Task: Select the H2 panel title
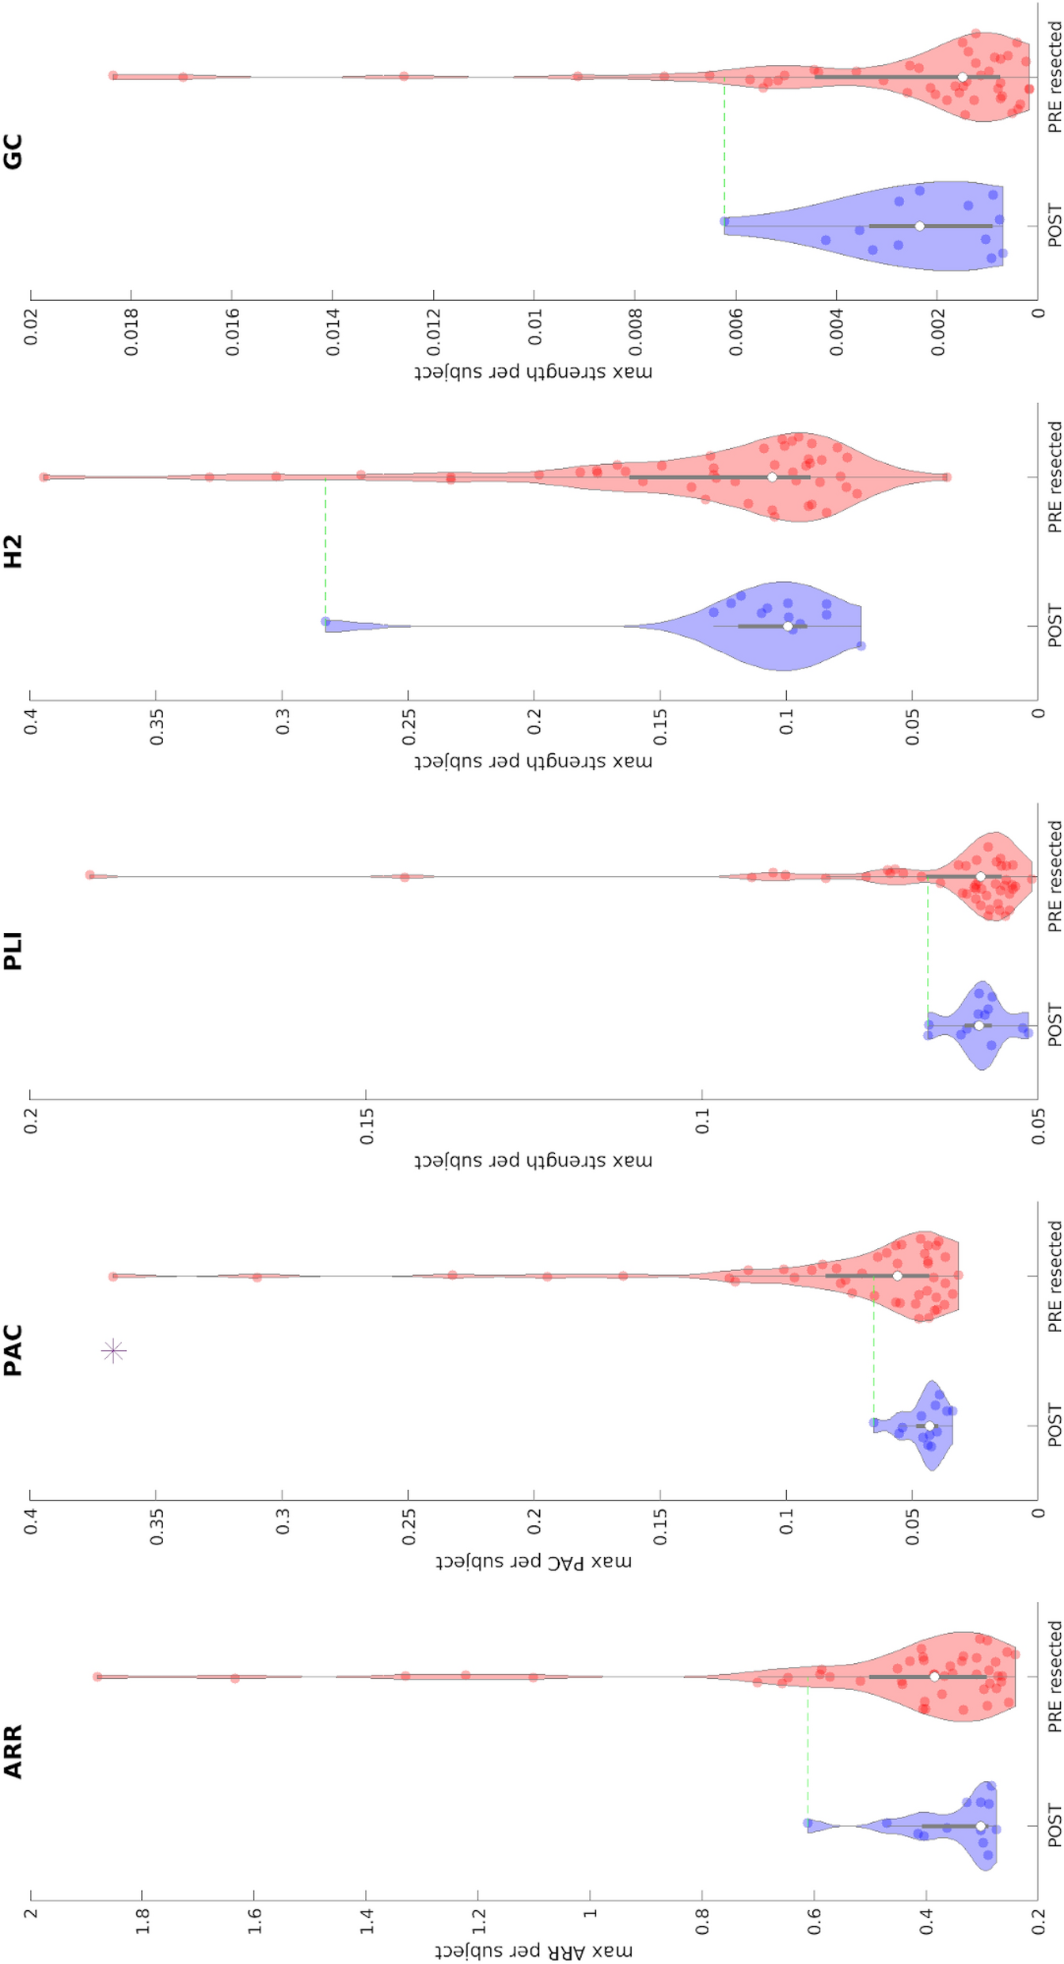click(x=13, y=551)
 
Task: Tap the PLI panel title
click(x=13, y=951)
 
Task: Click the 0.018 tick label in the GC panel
click(x=131, y=332)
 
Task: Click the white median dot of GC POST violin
click(x=919, y=226)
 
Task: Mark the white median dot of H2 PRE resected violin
click(x=772, y=477)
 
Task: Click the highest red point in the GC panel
click(x=113, y=76)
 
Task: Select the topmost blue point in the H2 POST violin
click(x=325, y=622)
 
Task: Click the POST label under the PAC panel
click(x=1054, y=1425)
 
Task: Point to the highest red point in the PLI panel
click(x=90, y=875)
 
